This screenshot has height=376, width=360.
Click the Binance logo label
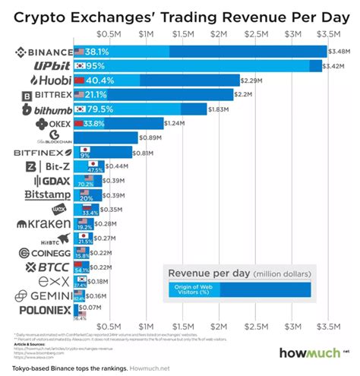pos(45,52)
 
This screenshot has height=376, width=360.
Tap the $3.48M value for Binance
pos(338,52)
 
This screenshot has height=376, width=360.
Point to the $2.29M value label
pos(251,80)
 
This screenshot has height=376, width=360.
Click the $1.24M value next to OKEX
pos(175,123)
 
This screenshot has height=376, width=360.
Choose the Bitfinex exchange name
pos(43,152)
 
